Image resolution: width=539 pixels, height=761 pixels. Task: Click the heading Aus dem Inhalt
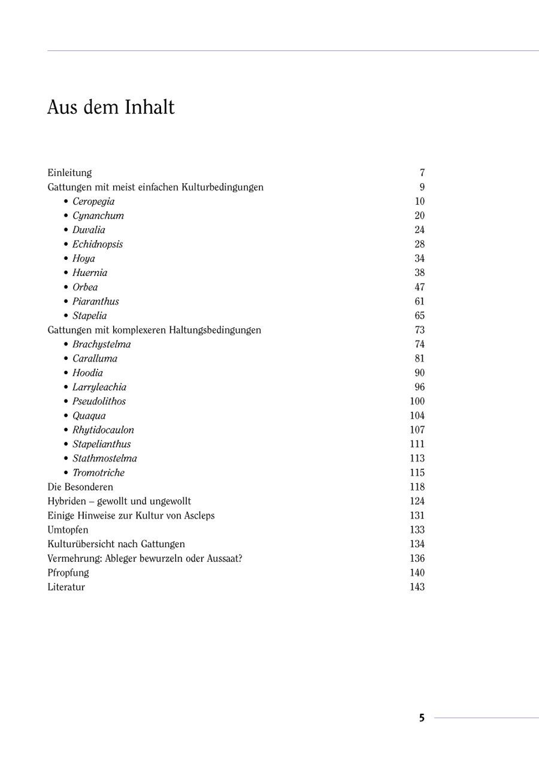point(111,108)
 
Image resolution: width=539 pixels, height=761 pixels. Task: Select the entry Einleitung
point(69,173)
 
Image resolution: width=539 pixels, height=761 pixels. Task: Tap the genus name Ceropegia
point(93,202)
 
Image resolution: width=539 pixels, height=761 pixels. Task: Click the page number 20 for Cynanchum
point(419,216)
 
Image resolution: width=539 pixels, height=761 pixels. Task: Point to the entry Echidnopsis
point(98,244)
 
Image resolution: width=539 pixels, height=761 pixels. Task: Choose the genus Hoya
point(84,259)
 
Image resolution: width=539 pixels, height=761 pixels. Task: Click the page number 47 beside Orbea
point(419,287)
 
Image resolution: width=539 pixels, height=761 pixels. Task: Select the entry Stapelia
point(90,316)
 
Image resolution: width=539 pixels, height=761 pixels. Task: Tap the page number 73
point(419,330)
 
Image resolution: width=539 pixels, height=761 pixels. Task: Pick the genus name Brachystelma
point(101,344)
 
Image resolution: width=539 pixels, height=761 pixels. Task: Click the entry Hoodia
point(87,373)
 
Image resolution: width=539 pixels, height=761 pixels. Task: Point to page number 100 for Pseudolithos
point(417,401)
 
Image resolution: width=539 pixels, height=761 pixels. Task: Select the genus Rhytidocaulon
point(103,430)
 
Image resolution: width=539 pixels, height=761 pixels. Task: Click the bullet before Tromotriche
point(66,473)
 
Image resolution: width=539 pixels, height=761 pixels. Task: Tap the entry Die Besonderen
point(80,487)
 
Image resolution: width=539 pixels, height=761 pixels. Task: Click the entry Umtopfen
point(68,530)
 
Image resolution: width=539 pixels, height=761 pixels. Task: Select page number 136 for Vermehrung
point(417,559)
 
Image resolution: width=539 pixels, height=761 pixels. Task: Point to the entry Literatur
point(66,587)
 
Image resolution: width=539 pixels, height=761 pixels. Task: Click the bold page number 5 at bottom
point(422,718)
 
